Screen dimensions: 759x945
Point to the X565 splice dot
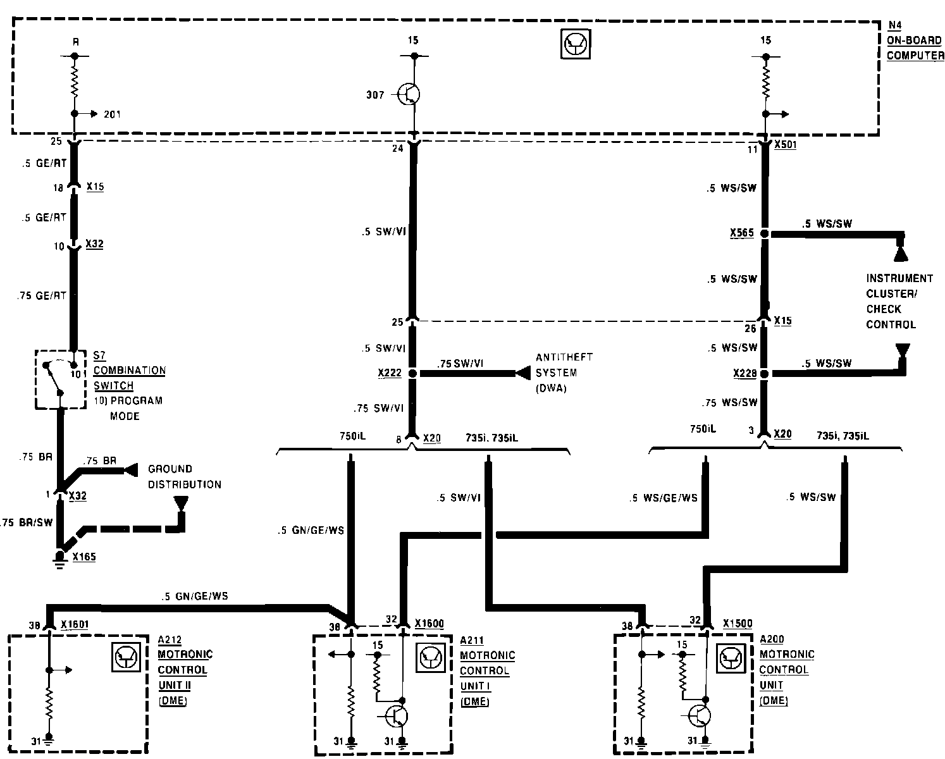click(x=765, y=233)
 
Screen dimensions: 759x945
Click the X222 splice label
click(x=389, y=374)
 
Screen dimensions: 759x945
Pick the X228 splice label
click(x=744, y=374)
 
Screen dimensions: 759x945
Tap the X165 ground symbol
click(x=60, y=557)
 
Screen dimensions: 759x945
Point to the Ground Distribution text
click(x=184, y=477)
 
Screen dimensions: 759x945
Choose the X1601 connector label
click(x=75, y=625)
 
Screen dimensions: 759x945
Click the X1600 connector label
click(x=429, y=624)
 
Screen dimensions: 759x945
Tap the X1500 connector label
click(x=738, y=624)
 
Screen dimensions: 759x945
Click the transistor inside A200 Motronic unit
click(x=698, y=715)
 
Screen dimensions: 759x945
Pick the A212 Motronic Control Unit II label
click(x=182, y=670)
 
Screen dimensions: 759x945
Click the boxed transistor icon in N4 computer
click(x=576, y=44)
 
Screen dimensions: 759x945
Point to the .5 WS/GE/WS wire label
click(x=663, y=498)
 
